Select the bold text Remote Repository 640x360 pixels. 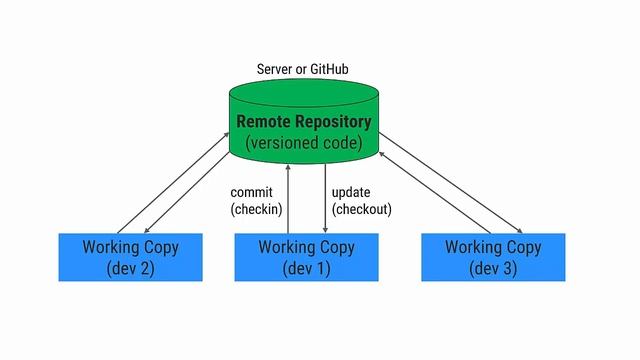[x=304, y=122]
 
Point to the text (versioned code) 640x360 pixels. [x=304, y=143]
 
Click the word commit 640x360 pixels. [x=252, y=192]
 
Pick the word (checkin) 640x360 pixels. [x=256, y=209]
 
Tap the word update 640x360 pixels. [x=352, y=192]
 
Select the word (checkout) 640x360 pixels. [x=361, y=209]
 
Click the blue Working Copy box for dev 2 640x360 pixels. [x=130, y=257]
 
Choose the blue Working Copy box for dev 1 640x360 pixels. [x=306, y=257]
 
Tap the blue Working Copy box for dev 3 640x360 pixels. [x=493, y=257]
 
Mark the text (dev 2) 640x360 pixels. [x=130, y=268]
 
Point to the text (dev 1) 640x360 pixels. [x=306, y=268]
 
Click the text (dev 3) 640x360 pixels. [x=493, y=268]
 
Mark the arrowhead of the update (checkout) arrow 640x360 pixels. [x=325, y=230]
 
